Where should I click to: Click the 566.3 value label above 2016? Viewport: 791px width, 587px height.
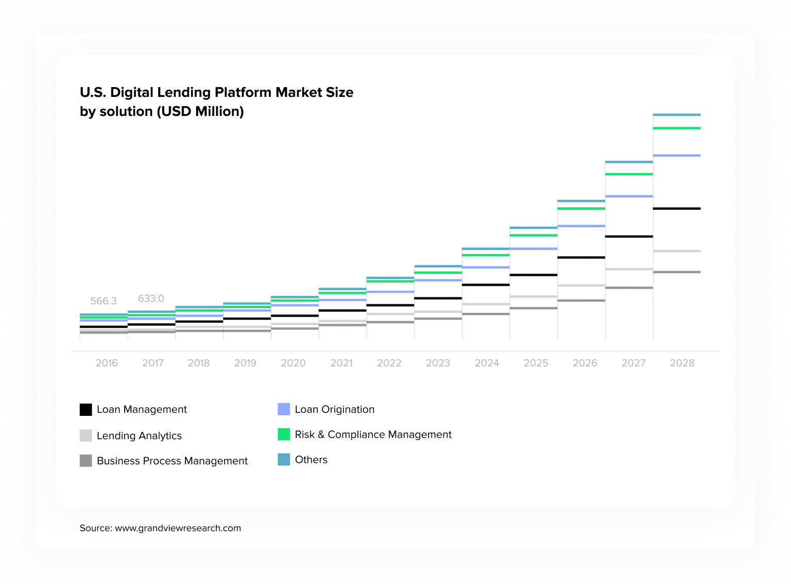coord(104,301)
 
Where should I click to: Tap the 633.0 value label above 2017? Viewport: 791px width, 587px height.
coord(151,298)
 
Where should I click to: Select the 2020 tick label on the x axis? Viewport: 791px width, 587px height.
coord(293,363)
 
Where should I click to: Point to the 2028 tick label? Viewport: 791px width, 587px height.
coord(682,363)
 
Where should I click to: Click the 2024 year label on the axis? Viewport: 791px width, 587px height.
coord(487,363)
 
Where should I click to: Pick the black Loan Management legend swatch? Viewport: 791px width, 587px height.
coord(86,410)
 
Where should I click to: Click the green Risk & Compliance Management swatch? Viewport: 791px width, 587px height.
coord(284,434)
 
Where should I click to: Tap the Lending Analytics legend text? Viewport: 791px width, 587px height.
coord(139,435)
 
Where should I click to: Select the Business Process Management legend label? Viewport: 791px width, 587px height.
coord(172,461)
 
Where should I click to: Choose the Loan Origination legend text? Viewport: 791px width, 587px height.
coord(334,409)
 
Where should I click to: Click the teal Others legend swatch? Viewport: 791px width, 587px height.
coord(284,460)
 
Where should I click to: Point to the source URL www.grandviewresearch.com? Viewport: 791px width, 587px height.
coord(178,528)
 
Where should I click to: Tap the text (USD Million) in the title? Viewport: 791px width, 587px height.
coord(200,111)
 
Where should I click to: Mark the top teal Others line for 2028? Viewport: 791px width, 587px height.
coord(677,115)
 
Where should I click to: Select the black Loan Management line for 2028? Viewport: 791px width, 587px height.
coord(677,209)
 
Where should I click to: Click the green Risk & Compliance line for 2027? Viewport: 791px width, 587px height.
coord(629,174)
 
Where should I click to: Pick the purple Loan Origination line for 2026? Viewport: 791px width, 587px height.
coord(581,226)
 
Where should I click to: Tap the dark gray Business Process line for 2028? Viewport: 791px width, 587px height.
coord(677,272)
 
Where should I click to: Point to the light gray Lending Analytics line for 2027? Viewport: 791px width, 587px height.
coord(629,269)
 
